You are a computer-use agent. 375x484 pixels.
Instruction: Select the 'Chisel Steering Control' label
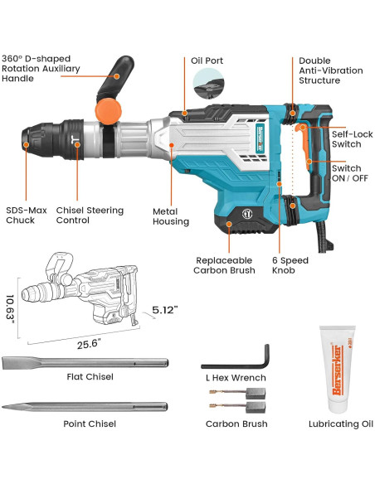click(x=85, y=215)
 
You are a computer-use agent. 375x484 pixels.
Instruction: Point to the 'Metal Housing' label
click(x=170, y=216)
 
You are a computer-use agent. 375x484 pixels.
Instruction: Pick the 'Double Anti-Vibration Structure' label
click(x=330, y=70)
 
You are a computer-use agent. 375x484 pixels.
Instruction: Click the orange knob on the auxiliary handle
click(x=108, y=109)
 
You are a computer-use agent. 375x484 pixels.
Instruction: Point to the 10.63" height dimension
click(x=10, y=309)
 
